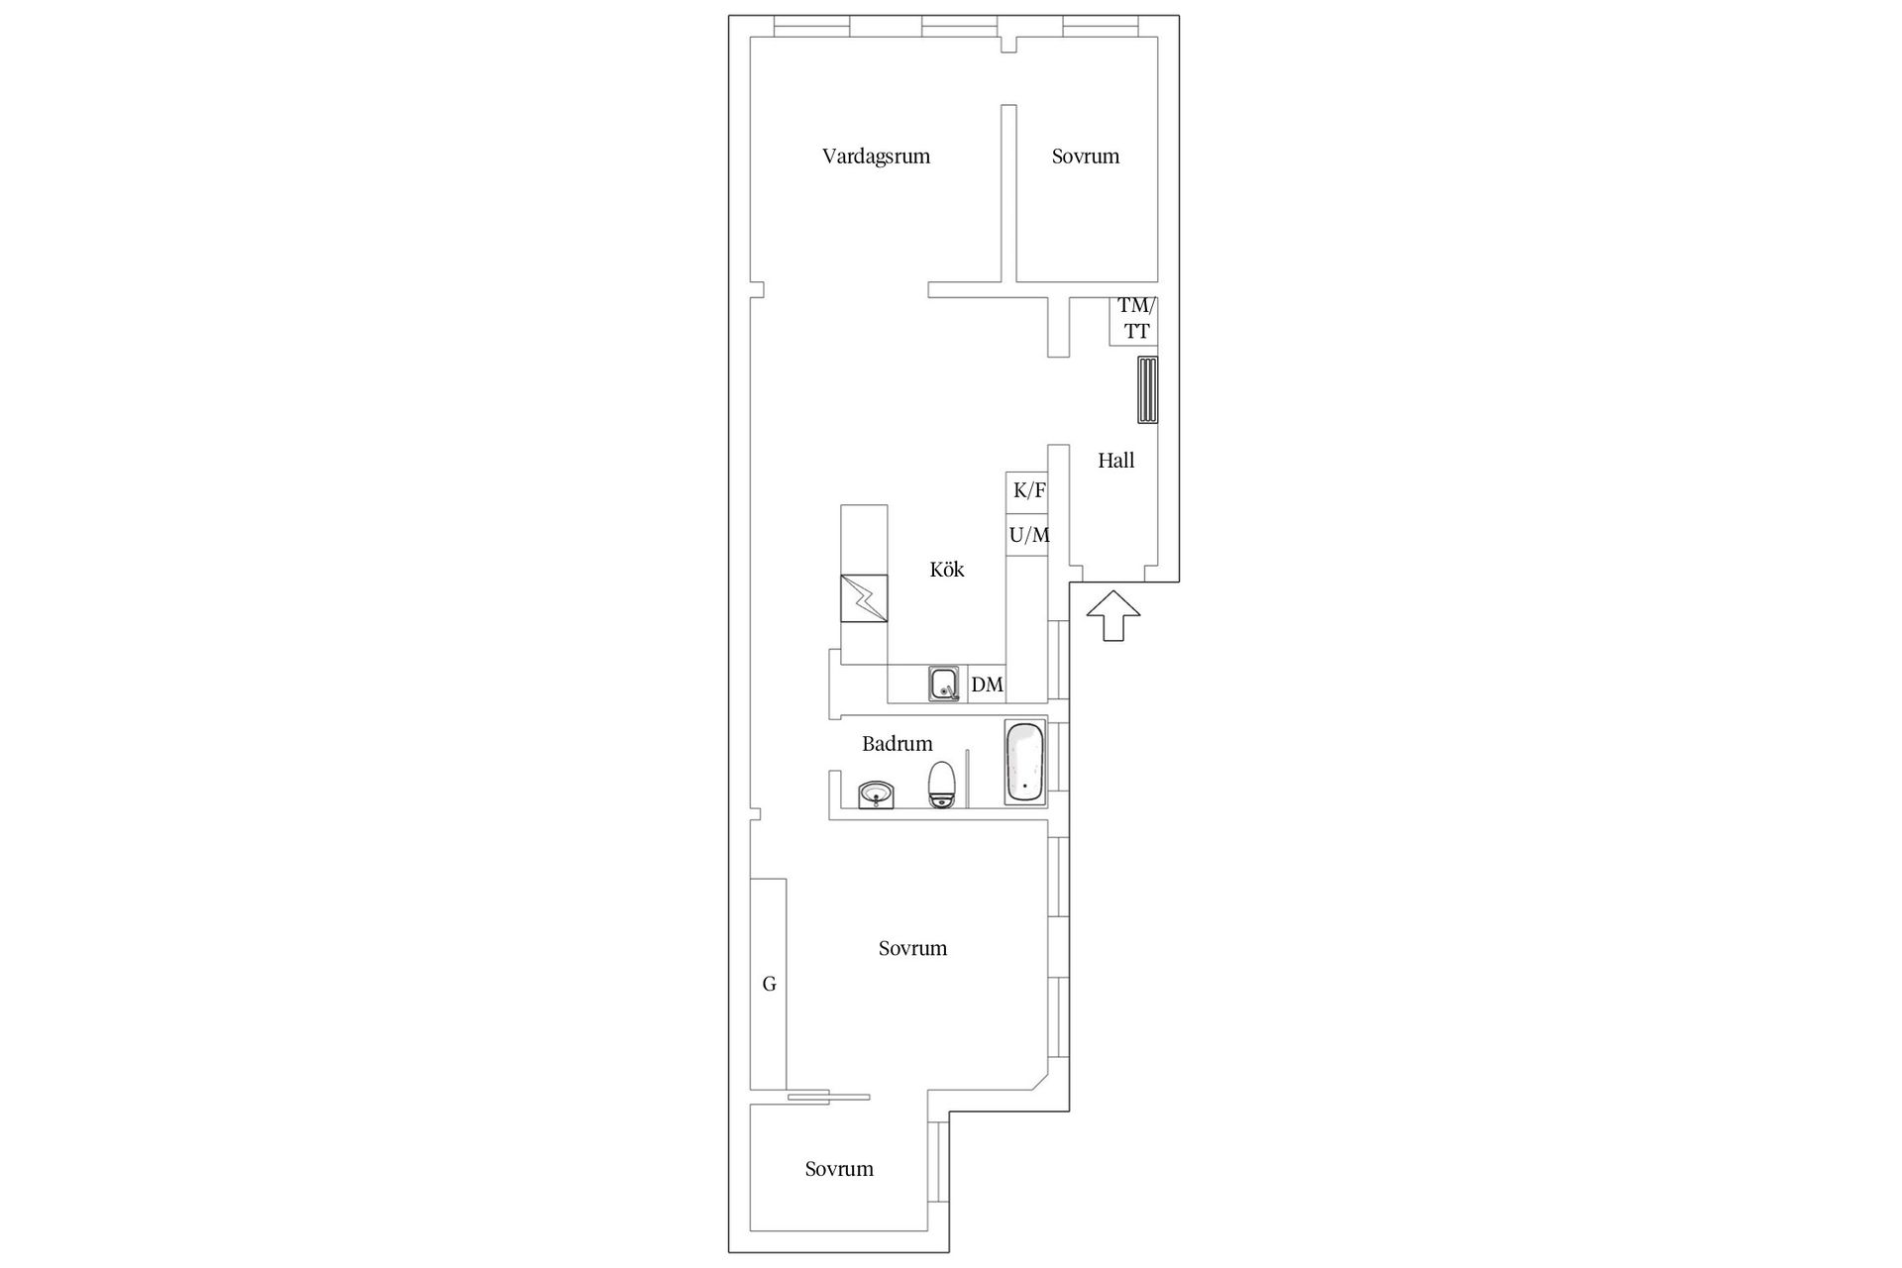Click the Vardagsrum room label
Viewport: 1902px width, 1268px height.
(x=876, y=157)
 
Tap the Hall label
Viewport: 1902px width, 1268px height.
(x=1115, y=461)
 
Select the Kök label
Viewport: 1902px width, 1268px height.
(x=947, y=570)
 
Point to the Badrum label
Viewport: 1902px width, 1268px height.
(x=898, y=744)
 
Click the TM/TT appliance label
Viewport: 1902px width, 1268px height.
(x=1136, y=319)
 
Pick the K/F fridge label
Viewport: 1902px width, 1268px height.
(x=1029, y=490)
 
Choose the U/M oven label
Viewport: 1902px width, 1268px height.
(x=1029, y=535)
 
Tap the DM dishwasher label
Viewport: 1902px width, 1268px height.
(x=988, y=685)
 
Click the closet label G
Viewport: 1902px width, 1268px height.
(x=769, y=985)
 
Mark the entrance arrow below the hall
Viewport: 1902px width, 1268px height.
(x=1113, y=615)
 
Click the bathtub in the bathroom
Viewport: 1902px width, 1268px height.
(x=1025, y=763)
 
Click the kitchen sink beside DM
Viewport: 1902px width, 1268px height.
(x=944, y=685)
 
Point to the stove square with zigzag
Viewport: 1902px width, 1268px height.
(x=864, y=598)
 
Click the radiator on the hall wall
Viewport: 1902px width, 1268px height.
(x=1147, y=390)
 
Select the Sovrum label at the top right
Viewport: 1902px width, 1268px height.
(x=1086, y=157)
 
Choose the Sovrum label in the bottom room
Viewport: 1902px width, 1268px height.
(x=839, y=1169)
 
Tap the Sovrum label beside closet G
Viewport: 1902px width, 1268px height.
(x=912, y=949)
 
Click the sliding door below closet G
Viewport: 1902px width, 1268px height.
(x=828, y=1097)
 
